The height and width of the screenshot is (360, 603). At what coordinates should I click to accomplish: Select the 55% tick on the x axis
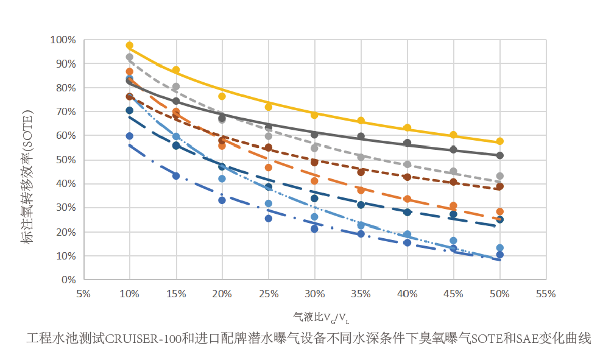pos(546,294)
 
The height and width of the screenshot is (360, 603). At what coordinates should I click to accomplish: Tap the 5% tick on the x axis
pos(83,294)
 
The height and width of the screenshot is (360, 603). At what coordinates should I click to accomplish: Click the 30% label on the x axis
pos(314,294)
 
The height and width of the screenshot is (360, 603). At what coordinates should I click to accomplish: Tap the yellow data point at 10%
pos(130,46)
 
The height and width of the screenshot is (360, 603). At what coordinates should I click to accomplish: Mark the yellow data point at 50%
pos(499,141)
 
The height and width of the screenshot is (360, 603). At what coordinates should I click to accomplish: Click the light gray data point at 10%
pos(130,57)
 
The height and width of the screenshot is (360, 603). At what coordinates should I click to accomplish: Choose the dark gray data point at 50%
pos(499,155)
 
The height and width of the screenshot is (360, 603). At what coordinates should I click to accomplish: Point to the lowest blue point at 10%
pos(130,136)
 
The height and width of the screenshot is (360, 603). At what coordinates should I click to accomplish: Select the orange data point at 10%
pos(130,72)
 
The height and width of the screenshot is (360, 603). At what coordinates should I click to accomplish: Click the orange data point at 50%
pos(499,212)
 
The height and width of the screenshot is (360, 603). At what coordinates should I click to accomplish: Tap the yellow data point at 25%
pos(268,107)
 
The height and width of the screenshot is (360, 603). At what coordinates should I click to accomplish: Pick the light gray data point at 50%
pos(499,176)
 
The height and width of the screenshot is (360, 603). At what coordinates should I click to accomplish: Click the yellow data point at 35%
pos(361,121)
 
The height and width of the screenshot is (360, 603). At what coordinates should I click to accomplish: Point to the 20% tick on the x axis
pos(222,294)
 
